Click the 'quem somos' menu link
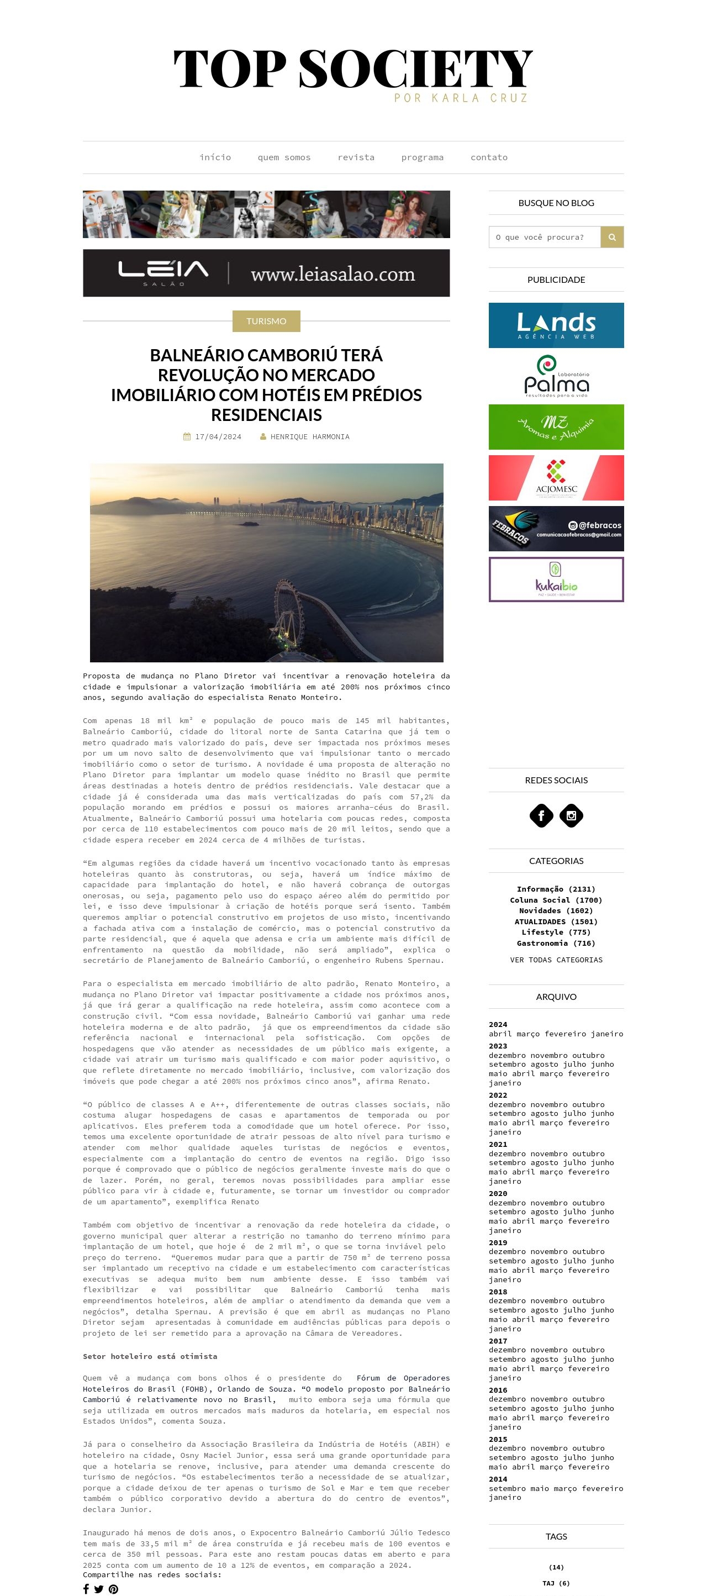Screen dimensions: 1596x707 click(284, 157)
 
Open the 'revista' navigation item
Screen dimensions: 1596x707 click(356, 157)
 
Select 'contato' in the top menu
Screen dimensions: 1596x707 click(488, 157)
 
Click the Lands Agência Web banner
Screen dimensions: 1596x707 click(556, 325)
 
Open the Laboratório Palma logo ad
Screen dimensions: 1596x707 click(556, 376)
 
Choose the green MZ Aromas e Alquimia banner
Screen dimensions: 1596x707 click(556, 427)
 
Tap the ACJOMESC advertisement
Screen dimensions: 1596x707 click(556, 478)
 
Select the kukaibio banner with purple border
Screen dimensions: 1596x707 click(556, 580)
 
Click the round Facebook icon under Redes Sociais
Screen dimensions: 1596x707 click(541, 816)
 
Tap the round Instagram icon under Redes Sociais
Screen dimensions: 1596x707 click(571, 816)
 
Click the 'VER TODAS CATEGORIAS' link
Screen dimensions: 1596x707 click(556, 960)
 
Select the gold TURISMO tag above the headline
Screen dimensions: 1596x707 click(266, 321)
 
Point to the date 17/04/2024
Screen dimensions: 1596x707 click(218, 437)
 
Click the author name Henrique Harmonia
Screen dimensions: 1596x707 click(309, 437)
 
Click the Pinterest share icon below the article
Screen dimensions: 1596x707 click(113, 1589)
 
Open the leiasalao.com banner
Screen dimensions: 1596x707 click(266, 273)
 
